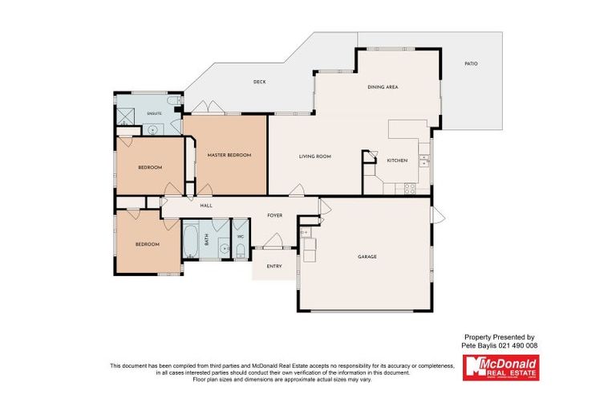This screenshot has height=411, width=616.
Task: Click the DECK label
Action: click(x=259, y=82)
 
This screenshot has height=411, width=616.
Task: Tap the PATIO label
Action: click(x=471, y=63)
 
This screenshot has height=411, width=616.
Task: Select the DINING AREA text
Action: click(x=383, y=87)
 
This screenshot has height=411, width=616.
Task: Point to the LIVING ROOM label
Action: click(x=315, y=157)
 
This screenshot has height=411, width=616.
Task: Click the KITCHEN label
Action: click(x=397, y=161)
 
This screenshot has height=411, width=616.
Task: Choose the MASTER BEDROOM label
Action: click(x=229, y=155)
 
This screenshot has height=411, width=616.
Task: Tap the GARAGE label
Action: click(x=367, y=257)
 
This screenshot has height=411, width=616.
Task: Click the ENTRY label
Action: click(x=274, y=267)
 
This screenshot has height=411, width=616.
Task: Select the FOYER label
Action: click(x=275, y=216)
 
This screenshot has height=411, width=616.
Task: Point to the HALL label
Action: click(x=205, y=206)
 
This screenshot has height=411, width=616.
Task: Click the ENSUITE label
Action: click(x=154, y=114)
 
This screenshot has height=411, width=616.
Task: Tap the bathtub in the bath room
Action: click(x=191, y=241)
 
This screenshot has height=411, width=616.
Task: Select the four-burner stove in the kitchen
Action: click(x=410, y=189)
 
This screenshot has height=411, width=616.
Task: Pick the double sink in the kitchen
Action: click(x=423, y=161)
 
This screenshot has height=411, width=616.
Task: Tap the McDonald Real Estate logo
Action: click(x=500, y=368)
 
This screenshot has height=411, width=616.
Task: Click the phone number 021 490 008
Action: click(x=520, y=345)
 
